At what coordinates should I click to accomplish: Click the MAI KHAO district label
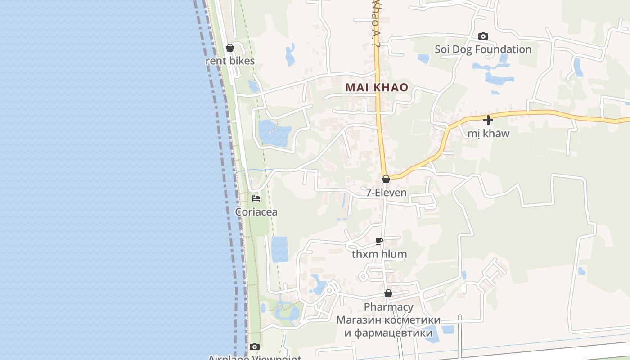377,87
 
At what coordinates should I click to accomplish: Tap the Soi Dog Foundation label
483,49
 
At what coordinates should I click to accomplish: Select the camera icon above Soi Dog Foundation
483,36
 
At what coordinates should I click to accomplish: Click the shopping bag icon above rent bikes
230,48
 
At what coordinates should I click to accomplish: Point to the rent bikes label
230,61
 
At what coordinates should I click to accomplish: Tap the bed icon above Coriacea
256,198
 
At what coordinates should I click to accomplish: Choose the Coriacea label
256,212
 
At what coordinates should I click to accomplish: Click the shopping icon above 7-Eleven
386,179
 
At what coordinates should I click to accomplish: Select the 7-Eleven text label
386,193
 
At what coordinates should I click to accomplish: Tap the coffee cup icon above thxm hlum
379,241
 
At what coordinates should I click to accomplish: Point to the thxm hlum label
379,254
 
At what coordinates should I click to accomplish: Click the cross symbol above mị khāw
488,120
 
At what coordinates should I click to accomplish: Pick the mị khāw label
488,134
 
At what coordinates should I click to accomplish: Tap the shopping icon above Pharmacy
388,294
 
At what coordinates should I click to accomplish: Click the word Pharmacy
388,307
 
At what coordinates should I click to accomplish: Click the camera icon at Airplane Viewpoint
255,346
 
